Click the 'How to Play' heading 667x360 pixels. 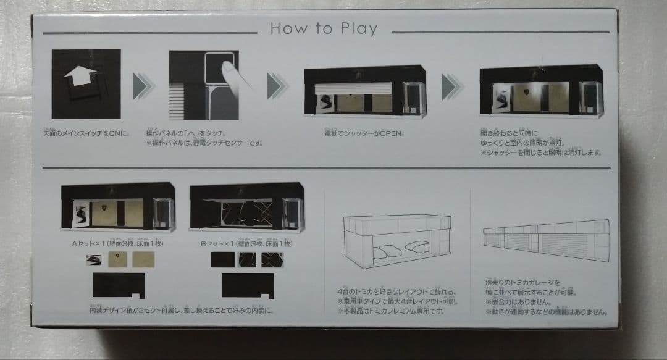[324, 29]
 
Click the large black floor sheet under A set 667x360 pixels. [119, 285]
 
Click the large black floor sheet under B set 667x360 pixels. [248, 285]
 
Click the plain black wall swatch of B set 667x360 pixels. [222, 259]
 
